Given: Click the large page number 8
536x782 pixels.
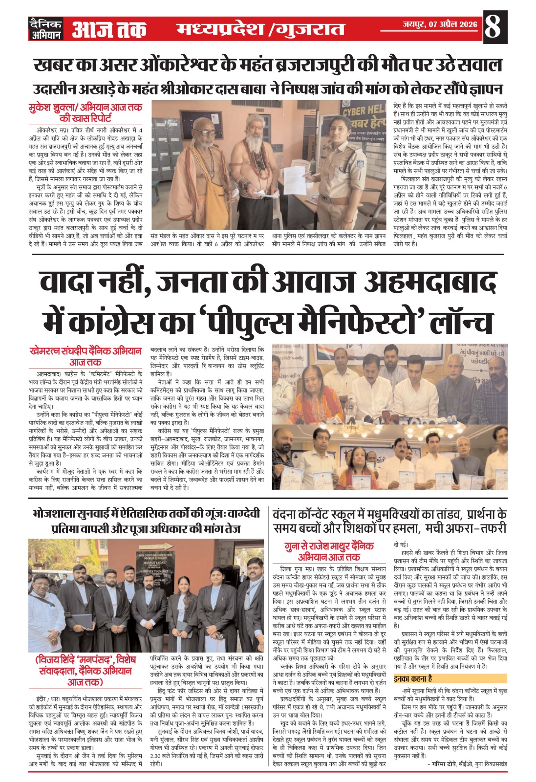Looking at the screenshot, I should (x=493, y=27).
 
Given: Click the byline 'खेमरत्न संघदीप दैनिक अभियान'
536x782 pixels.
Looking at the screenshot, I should (x=86, y=351).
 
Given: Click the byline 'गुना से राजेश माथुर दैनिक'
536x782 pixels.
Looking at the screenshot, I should (x=329, y=546).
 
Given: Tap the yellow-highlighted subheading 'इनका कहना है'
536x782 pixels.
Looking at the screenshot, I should (x=413, y=678).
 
